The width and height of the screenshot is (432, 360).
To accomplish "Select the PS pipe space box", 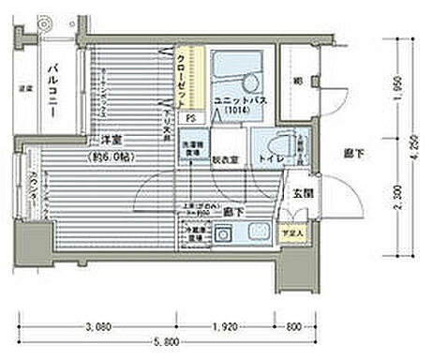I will point(190,118).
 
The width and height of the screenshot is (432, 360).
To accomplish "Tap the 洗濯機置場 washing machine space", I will point(192,147).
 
